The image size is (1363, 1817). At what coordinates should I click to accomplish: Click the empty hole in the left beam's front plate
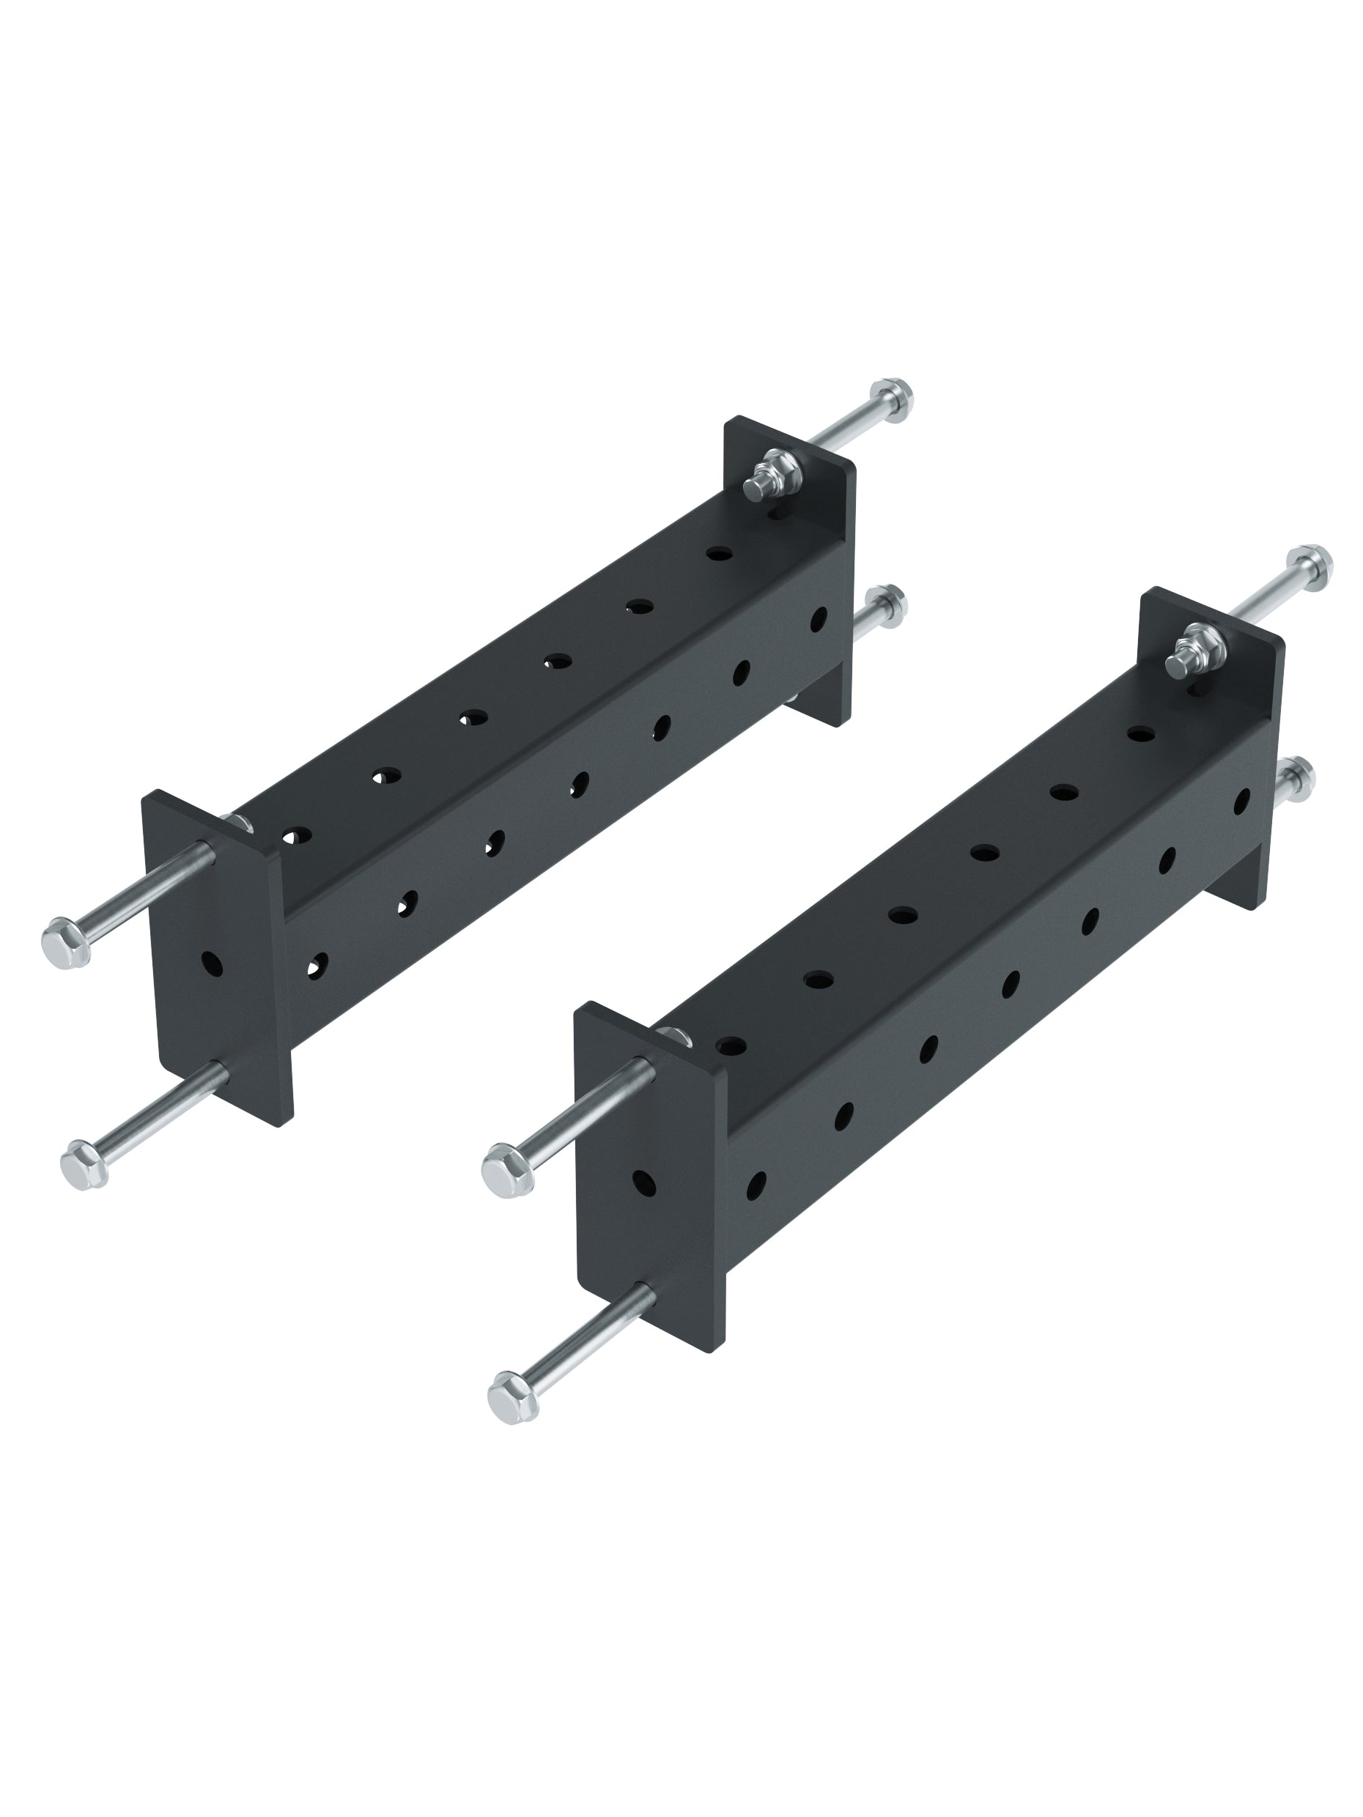[211, 963]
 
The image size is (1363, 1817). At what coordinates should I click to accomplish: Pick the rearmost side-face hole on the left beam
[818, 619]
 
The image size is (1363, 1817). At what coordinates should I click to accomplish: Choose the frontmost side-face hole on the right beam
[756, 1184]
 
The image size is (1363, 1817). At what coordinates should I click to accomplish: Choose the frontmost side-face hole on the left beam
[317, 964]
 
